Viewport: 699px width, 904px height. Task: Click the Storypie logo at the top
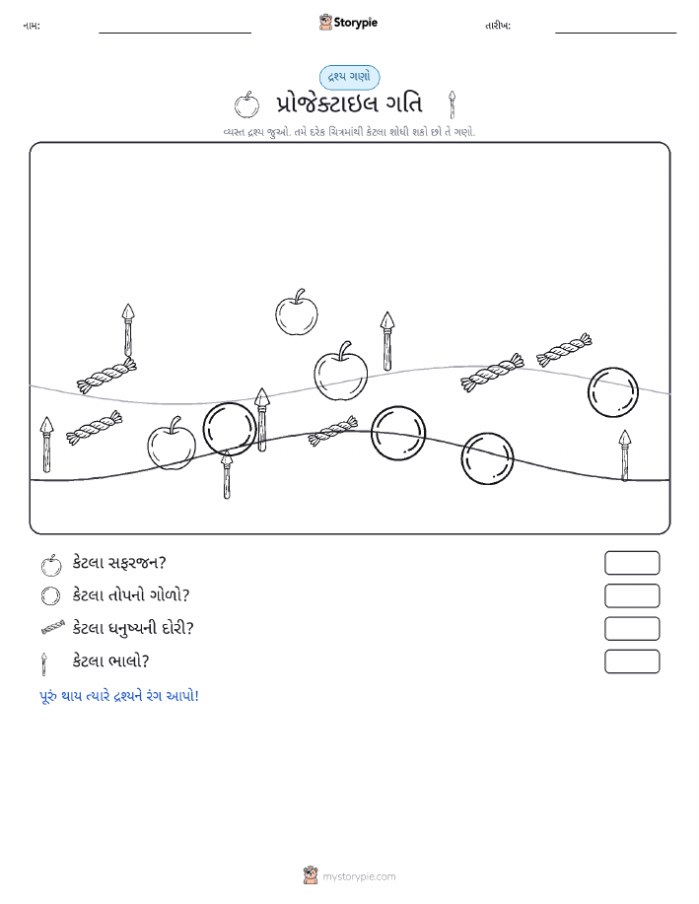coord(348,23)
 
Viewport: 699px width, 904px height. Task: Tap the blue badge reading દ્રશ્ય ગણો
coord(349,77)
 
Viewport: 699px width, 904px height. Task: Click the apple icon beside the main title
coord(246,104)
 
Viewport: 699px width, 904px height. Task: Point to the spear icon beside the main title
coord(453,104)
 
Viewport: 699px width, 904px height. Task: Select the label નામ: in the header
coord(32,26)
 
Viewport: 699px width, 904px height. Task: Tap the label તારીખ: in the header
coord(498,26)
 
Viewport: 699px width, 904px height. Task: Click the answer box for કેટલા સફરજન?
coord(632,563)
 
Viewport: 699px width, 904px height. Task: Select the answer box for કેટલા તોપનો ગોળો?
coord(632,595)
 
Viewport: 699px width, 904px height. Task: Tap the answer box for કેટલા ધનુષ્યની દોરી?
coord(632,628)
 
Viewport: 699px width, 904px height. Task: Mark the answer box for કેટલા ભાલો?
coord(632,661)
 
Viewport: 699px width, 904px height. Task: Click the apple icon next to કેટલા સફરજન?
coord(51,565)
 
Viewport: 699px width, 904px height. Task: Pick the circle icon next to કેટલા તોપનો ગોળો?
coord(50,595)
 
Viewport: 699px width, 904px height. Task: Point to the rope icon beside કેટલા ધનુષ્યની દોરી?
coord(53,628)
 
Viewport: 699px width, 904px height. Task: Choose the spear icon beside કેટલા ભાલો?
coord(43,663)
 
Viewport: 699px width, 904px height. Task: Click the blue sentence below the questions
coord(119,696)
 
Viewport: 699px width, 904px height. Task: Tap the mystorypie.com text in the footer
coord(359,877)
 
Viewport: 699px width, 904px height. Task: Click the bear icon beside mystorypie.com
coord(311,875)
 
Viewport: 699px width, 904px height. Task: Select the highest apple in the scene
coord(297,313)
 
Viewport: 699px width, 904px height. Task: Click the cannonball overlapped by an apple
coord(230,430)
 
